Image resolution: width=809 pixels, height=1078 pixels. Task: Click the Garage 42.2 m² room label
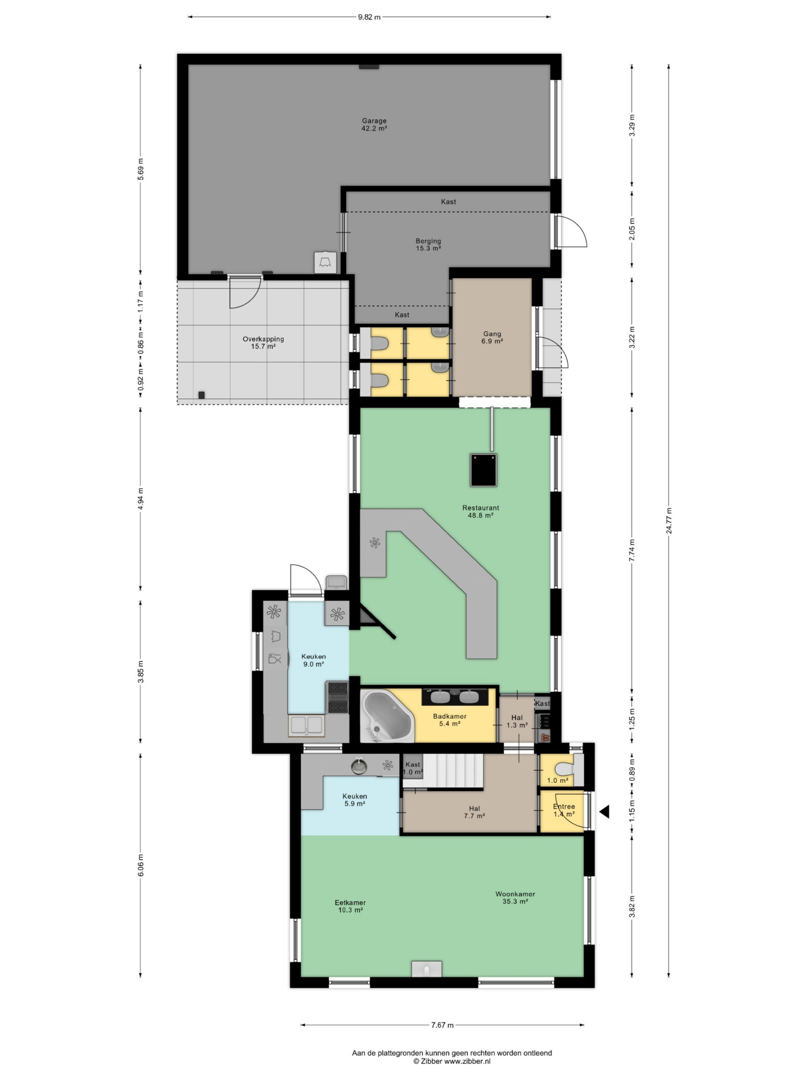pos(374,125)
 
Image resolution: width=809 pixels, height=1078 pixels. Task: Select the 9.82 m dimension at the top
pos(369,17)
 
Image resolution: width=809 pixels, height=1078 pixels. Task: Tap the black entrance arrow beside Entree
pos(604,812)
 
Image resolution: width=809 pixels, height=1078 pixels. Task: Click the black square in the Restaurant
pos(483,470)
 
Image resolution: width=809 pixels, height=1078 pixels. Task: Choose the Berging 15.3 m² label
pos(428,245)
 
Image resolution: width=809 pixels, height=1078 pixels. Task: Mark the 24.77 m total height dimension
pos(669,520)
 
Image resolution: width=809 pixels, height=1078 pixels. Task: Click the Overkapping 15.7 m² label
pos(263,343)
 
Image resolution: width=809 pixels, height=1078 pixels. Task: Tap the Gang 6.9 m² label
pos(492,337)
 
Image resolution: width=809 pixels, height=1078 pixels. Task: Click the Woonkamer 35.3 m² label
pos(515,898)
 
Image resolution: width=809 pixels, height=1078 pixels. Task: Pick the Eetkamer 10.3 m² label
pos(350,906)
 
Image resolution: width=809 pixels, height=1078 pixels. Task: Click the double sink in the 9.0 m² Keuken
pos(306,726)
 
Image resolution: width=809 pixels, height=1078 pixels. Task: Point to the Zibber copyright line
pos(452,1061)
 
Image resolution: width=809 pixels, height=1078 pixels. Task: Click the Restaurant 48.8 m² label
pos(480,511)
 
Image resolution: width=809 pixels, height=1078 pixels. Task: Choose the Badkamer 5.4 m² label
pos(449,720)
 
